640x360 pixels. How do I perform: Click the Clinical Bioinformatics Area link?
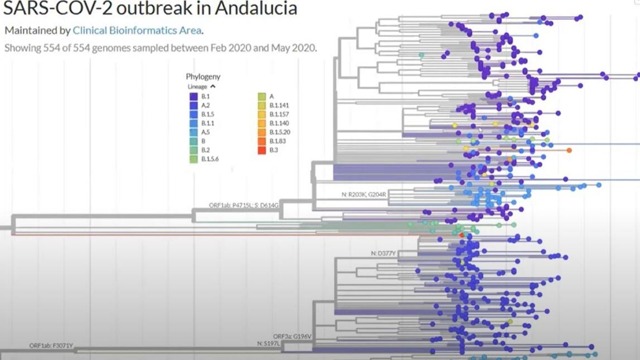[x=137, y=30]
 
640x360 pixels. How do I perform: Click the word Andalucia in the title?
[x=256, y=8]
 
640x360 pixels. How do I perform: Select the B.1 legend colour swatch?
[x=194, y=96]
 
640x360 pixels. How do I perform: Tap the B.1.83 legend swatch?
[x=262, y=141]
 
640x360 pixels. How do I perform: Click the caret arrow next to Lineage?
[x=213, y=86]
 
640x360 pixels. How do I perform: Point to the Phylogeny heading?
[x=203, y=76]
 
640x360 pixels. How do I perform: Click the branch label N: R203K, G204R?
[x=364, y=194]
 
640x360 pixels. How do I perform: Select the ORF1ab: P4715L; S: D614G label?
[x=243, y=205]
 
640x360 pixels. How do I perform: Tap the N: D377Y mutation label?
[x=383, y=253]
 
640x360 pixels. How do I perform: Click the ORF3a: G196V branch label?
[x=292, y=336]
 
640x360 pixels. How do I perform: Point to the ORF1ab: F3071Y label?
[x=51, y=346]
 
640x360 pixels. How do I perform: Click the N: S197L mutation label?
[x=268, y=343]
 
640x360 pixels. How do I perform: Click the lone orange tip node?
[x=569, y=150]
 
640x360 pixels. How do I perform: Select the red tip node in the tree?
[x=462, y=235]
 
